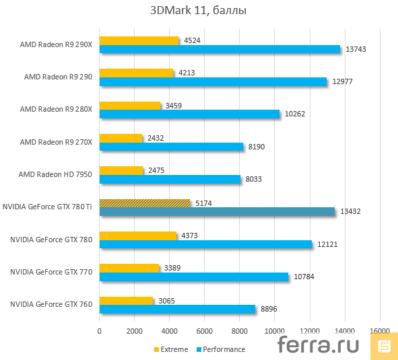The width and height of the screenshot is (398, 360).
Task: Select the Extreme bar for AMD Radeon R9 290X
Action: (139, 40)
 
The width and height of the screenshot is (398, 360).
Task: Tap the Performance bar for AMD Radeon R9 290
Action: (213, 81)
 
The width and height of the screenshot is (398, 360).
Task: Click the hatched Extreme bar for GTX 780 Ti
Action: (145, 203)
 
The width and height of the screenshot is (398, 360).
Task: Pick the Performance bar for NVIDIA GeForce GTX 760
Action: (177, 309)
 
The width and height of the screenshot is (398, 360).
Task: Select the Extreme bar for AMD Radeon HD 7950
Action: (121, 171)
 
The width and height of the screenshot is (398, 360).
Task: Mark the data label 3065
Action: (166, 300)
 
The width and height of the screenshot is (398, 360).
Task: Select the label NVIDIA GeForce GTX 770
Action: (51, 272)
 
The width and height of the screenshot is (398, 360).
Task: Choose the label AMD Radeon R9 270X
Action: (55, 142)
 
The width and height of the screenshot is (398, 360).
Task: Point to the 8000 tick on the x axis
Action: (240, 331)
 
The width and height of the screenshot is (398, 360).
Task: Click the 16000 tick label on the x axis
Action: (380, 331)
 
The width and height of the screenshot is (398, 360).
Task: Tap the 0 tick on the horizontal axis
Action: (100, 331)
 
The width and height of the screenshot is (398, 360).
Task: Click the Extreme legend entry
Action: (173, 349)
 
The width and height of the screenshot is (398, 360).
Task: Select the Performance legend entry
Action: (223, 349)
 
